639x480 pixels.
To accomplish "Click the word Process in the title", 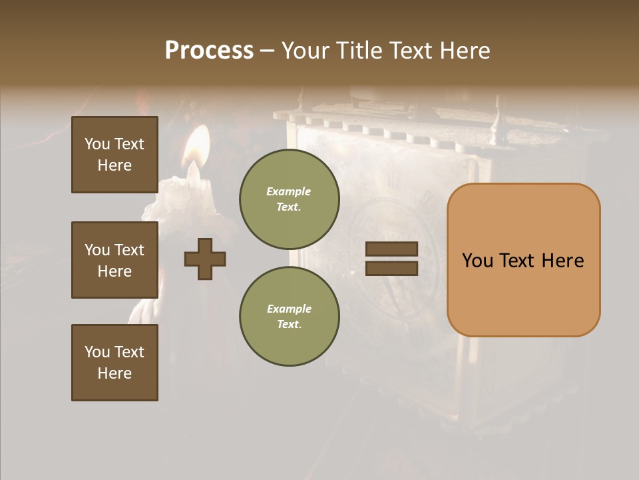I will pyautogui.click(x=209, y=51).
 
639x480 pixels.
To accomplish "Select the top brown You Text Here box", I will pyautogui.click(x=114, y=155).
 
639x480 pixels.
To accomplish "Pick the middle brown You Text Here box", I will pyautogui.click(x=114, y=260).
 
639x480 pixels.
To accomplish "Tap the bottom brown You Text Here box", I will pyautogui.click(x=114, y=363).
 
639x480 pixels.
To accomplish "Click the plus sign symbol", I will pyautogui.click(x=205, y=259).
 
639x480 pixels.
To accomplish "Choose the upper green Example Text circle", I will pyautogui.click(x=290, y=199).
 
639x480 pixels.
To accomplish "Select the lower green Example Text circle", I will pyautogui.click(x=290, y=316).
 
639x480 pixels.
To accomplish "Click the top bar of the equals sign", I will pyautogui.click(x=391, y=249).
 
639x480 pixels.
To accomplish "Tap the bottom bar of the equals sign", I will pyautogui.click(x=391, y=268).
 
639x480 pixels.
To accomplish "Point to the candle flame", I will pyautogui.click(x=196, y=148).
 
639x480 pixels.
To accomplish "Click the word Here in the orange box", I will pyautogui.click(x=562, y=261).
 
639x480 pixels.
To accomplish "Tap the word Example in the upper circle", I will pyautogui.click(x=288, y=191).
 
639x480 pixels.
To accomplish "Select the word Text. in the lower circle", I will pyautogui.click(x=288, y=325).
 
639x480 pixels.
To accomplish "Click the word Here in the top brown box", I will pyautogui.click(x=114, y=165).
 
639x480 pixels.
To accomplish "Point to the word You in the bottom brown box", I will pyautogui.click(x=97, y=352).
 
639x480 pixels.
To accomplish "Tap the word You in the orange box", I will pyautogui.click(x=477, y=261).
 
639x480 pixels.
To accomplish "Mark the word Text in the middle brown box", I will pyautogui.click(x=129, y=250).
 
